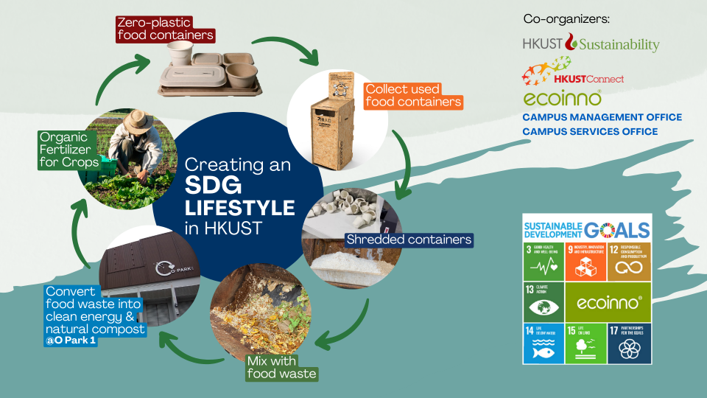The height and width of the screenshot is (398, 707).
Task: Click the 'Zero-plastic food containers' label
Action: click(x=165, y=28)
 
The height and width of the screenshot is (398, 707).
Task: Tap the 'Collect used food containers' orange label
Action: click(x=414, y=94)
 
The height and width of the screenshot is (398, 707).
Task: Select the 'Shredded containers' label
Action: click(x=409, y=240)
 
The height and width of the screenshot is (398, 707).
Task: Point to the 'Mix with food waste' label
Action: click(x=281, y=367)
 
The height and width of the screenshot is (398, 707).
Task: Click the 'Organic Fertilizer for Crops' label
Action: click(x=69, y=150)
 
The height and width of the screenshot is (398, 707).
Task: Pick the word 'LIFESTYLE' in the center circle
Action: click(x=239, y=206)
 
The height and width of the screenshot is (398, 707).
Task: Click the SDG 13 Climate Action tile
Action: click(x=544, y=302)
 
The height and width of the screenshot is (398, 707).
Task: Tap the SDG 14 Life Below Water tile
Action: click(x=544, y=343)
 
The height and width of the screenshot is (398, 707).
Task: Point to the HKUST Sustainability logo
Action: click(x=591, y=44)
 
